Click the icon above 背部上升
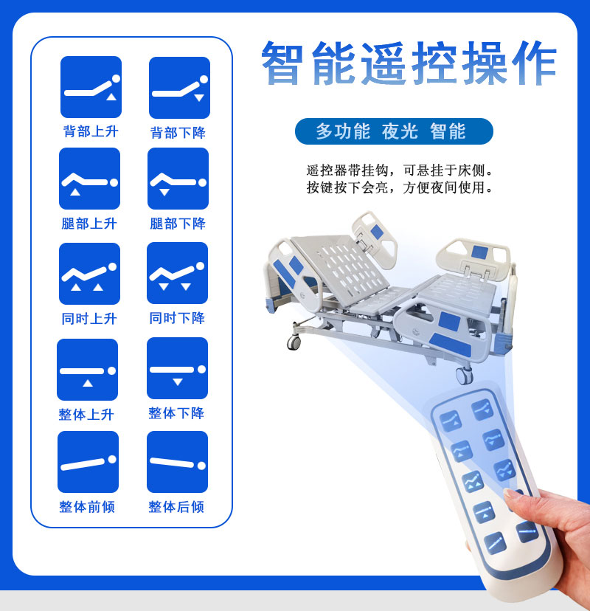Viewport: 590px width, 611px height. click(91, 87)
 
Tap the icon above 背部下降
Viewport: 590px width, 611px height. click(179, 88)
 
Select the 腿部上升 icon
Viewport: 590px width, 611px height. click(89, 179)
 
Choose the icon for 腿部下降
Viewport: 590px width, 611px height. click(178, 179)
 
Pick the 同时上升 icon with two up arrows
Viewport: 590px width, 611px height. click(89, 274)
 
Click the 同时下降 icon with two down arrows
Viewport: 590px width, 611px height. click(177, 273)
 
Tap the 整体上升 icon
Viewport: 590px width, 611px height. click(87, 370)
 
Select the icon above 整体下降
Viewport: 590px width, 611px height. click(177, 368)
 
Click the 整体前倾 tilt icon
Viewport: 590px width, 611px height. click(88, 462)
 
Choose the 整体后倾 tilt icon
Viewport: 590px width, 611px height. click(177, 462)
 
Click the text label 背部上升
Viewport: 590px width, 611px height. click(91, 131)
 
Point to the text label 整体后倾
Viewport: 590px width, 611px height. click(176, 507)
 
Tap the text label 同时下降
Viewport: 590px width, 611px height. click(177, 318)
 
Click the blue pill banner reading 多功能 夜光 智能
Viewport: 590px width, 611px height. click(394, 131)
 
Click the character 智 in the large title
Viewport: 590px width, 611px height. click(282, 63)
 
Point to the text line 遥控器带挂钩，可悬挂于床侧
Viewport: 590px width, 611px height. click(400, 170)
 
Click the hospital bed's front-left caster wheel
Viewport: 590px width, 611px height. click(294, 342)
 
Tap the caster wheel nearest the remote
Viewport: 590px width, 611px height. click(464, 376)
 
